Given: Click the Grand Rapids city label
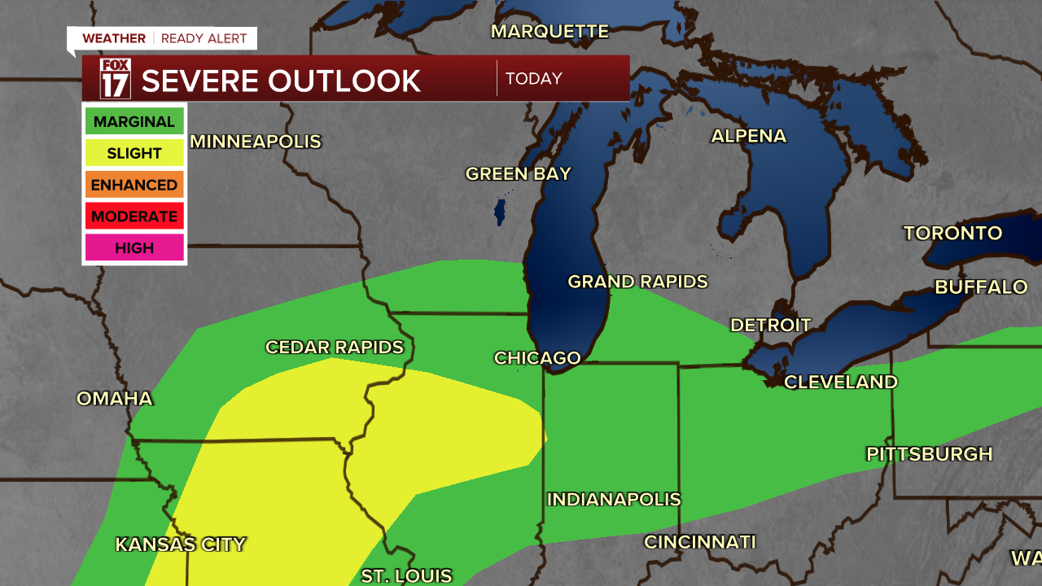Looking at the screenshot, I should pyautogui.click(x=637, y=282).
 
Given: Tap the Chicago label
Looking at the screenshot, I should pyautogui.click(x=537, y=358).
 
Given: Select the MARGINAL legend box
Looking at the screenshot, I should pyautogui.click(x=134, y=122).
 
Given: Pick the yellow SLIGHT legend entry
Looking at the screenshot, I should pyautogui.click(x=134, y=153).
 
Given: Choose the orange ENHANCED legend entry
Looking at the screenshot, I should pyautogui.click(x=134, y=185).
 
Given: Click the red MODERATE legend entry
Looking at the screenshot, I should pyautogui.click(x=134, y=216).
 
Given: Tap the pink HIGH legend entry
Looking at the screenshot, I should pyautogui.click(x=134, y=247).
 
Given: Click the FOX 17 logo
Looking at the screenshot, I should pyautogui.click(x=115, y=79).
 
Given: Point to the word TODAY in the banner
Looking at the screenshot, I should pyautogui.click(x=534, y=79).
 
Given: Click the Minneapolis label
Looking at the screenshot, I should pyautogui.click(x=256, y=142).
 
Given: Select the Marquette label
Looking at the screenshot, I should pyautogui.click(x=549, y=32).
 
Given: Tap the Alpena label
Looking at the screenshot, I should pyautogui.click(x=748, y=136).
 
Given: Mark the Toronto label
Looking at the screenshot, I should pyautogui.click(x=952, y=234).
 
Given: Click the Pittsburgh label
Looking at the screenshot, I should pyautogui.click(x=929, y=454).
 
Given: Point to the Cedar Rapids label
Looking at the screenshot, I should pyautogui.click(x=335, y=348).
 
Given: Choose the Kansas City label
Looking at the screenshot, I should pyautogui.click(x=180, y=544).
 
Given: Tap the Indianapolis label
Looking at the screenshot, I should pyautogui.click(x=613, y=499).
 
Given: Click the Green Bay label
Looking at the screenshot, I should pyautogui.click(x=518, y=173).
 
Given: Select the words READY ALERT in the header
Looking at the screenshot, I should pyautogui.click(x=204, y=38).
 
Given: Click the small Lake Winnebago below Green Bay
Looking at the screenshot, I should pyautogui.click(x=500, y=210).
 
